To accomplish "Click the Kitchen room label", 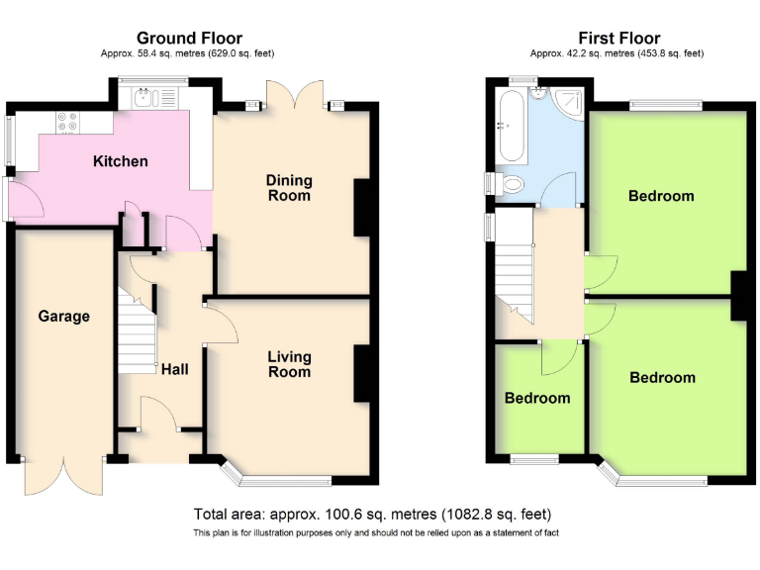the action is pos(120,161).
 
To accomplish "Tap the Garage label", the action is pos(64,317).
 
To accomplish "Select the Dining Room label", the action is pos(289,188).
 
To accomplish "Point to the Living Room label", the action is pos(289,364).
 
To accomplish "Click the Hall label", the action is pos(174,369).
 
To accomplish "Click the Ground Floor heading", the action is pos(190,38).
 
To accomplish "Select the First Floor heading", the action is pos(618,38).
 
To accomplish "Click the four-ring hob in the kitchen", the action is pos(67,122).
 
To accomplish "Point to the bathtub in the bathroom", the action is pos(511,125).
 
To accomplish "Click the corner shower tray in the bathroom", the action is pos(568,102).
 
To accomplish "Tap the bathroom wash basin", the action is pos(539,93).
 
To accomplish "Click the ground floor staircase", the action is pos(138,331).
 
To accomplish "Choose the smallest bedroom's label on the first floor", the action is pos(537,398).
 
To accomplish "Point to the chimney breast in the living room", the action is pos(361,373).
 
